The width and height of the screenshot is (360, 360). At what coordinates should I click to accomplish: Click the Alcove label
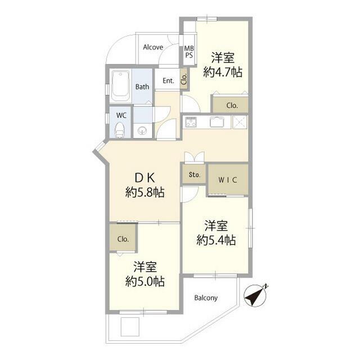click(153, 47)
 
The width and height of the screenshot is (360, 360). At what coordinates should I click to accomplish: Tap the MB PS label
click(189, 52)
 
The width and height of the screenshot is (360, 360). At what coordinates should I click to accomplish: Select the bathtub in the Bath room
click(121, 86)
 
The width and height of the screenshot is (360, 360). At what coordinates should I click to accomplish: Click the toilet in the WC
click(119, 130)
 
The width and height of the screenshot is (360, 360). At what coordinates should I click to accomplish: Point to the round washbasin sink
click(142, 131)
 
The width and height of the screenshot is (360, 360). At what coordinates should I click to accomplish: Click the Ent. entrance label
click(168, 81)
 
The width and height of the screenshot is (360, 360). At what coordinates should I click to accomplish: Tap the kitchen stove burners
click(191, 122)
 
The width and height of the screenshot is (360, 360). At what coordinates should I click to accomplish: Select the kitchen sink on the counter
click(217, 121)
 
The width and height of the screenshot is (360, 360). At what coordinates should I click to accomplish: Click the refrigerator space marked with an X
click(240, 122)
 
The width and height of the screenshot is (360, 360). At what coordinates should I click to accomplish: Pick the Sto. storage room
click(194, 174)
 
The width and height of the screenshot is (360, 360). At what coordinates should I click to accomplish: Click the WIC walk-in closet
click(228, 179)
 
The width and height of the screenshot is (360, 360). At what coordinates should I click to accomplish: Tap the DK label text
click(145, 178)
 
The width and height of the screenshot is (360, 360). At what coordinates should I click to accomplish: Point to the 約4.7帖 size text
click(223, 73)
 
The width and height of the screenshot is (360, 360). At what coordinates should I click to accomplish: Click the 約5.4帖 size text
click(216, 240)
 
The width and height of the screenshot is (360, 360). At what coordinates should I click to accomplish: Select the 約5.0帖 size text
click(145, 281)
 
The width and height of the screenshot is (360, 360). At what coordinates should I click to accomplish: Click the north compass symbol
click(255, 295)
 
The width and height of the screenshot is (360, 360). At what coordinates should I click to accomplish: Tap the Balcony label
click(206, 298)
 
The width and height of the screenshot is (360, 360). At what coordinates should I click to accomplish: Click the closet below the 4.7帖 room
click(231, 105)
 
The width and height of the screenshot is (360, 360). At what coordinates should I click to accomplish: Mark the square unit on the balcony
click(130, 326)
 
